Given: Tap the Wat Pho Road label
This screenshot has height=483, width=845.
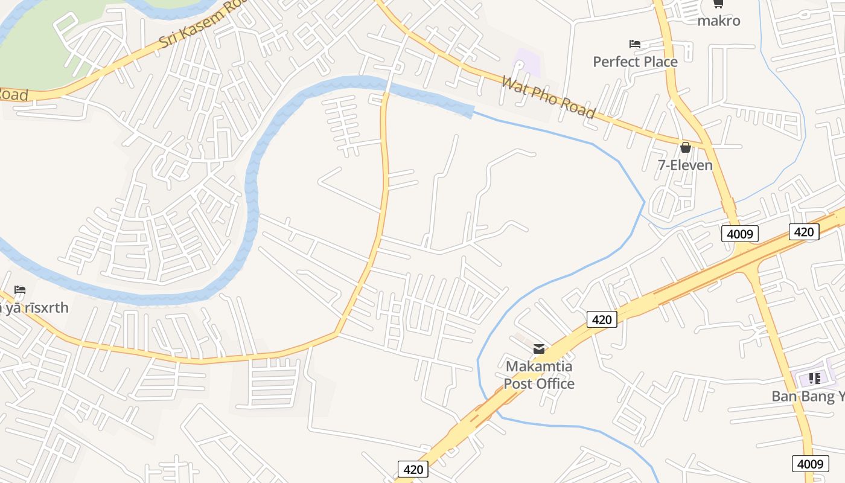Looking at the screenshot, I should [x=548, y=97].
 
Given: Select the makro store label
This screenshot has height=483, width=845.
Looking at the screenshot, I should [x=718, y=21].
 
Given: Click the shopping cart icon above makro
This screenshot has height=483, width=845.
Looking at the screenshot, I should [x=718, y=4].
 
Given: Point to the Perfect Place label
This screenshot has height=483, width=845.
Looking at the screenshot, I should [x=635, y=62].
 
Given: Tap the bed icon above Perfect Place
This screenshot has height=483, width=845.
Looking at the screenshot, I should [x=634, y=44].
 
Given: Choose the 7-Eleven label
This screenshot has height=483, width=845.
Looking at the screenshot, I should [x=685, y=165].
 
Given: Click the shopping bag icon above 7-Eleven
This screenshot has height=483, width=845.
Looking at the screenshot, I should [x=685, y=147].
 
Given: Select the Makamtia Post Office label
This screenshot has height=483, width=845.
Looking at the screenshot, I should [x=539, y=375].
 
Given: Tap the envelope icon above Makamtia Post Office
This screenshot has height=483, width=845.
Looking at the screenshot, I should [x=539, y=348].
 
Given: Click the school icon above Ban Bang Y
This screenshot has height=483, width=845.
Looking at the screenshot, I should [x=814, y=379].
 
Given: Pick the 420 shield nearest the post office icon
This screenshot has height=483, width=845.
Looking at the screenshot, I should [x=602, y=319].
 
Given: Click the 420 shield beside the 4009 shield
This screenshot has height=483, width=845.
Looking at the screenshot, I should [x=804, y=232].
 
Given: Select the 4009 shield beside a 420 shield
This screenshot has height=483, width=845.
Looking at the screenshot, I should [x=739, y=234].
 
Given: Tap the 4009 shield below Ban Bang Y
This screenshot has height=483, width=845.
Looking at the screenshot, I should [x=810, y=464].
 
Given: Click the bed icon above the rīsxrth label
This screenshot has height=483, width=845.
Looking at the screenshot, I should [x=20, y=290].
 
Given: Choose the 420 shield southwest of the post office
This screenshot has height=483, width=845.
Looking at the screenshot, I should [x=413, y=469].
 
